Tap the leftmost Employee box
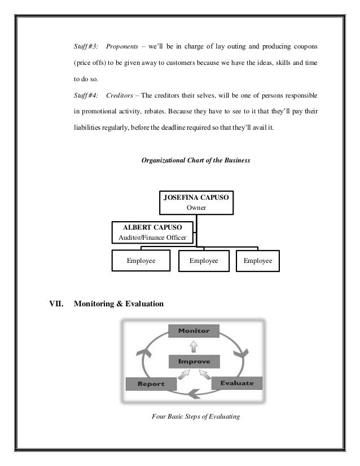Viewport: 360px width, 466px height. tap(141, 261)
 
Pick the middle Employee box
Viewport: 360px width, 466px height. tap(204, 261)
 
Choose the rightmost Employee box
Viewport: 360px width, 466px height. tap(258, 261)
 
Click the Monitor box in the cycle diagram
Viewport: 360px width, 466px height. tap(194, 331)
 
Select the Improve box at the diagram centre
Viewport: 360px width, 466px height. tap(194, 361)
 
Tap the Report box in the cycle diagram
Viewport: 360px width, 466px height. tap(151, 384)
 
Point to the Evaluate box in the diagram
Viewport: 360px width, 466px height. tap(238, 384)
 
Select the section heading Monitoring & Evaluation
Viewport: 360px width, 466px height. tap(119, 304)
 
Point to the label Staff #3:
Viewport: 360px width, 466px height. tap(86, 45)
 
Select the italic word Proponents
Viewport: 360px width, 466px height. tap(123, 45)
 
